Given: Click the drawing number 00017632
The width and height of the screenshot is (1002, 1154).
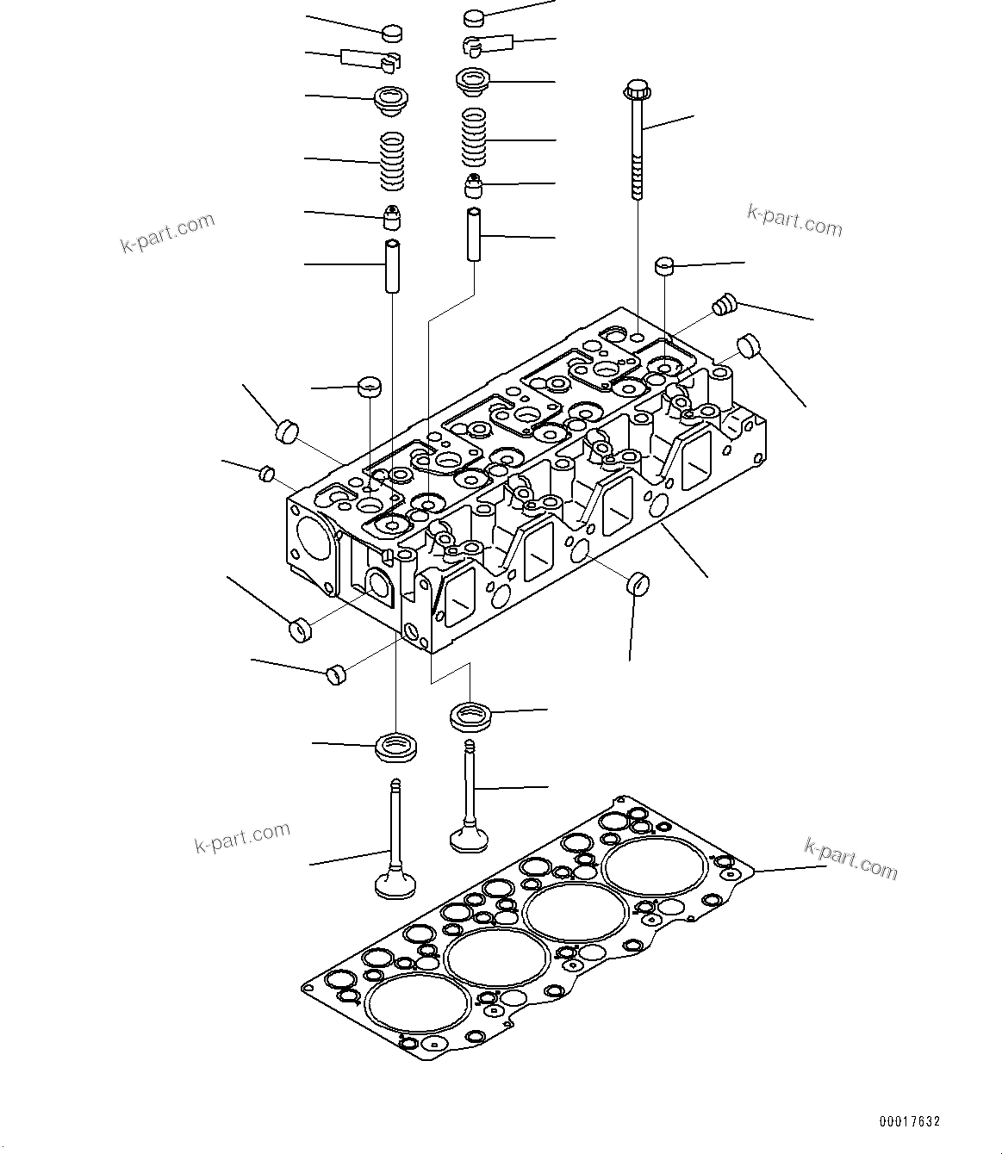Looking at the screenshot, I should pyautogui.click(x=910, y=1121).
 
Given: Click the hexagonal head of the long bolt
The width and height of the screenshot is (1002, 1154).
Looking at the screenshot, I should pyautogui.click(x=635, y=89).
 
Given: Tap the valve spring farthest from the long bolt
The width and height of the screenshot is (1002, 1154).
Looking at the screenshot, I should pyautogui.click(x=392, y=161).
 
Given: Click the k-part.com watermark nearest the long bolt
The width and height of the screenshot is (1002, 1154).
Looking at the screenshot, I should pyautogui.click(x=794, y=221).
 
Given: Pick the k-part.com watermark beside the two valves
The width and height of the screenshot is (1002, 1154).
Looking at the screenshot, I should pyautogui.click(x=242, y=837).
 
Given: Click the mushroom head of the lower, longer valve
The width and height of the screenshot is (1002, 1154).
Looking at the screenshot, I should pyautogui.click(x=395, y=884).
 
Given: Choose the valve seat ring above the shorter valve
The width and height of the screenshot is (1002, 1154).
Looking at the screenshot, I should pyautogui.click(x=470, y=714).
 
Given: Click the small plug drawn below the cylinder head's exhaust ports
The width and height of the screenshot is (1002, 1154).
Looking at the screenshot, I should pyautogui.click(x=636, y=583).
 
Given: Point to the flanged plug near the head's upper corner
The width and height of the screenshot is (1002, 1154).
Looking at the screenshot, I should pyautogui.click(x=725, y=304).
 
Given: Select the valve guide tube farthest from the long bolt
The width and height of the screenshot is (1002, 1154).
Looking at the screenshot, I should pyautogui.click(x=392, y=266).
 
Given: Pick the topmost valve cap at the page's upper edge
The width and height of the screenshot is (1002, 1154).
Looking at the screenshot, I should pyautogui.click(x=475, y=16).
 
